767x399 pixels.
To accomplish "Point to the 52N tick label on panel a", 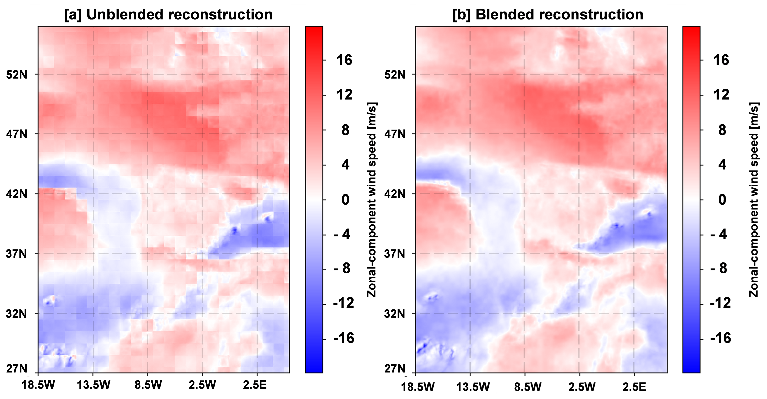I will coord(17,74).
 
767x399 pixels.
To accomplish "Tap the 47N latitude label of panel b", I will coord(395,134).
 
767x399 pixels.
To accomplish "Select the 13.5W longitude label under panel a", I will coord(93,385).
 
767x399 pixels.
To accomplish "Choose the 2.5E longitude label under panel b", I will coord(634,387).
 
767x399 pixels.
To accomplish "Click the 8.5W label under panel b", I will coord(528,387).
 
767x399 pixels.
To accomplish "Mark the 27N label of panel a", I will coord(17,369).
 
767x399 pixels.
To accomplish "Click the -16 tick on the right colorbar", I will coord(720,338).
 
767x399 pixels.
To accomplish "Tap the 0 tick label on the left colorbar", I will coord(345,199).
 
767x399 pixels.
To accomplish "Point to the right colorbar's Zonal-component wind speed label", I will coord(754,199).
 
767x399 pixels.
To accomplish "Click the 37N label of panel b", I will coord(395,254).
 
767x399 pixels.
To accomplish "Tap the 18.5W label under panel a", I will coord(38,385).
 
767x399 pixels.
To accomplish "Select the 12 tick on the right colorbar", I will coord(721,95).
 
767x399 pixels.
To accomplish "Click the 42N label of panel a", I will coord(17,194).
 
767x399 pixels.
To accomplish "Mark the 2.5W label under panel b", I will coord(582,387).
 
